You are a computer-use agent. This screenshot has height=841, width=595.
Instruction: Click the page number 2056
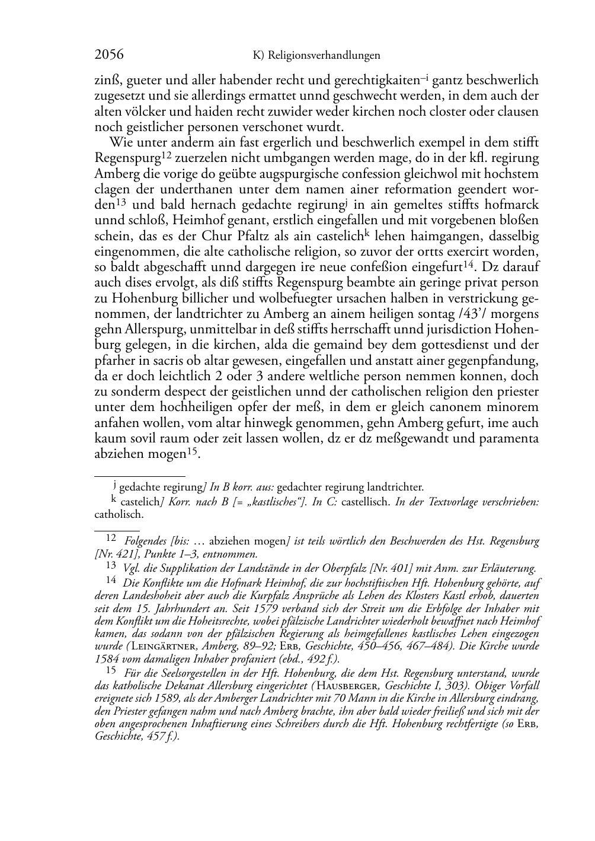tap(109, 55)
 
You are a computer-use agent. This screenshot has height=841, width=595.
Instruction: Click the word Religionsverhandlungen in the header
tap(324, 56)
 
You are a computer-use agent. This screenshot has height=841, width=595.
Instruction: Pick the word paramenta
tap(510, 439)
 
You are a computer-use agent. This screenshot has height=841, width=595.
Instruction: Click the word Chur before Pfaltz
tap(231, 237)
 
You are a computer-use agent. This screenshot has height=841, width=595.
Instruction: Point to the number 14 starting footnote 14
tap(111, 581)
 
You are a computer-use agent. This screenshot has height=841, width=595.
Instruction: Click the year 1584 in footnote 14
tap(107, 658)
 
